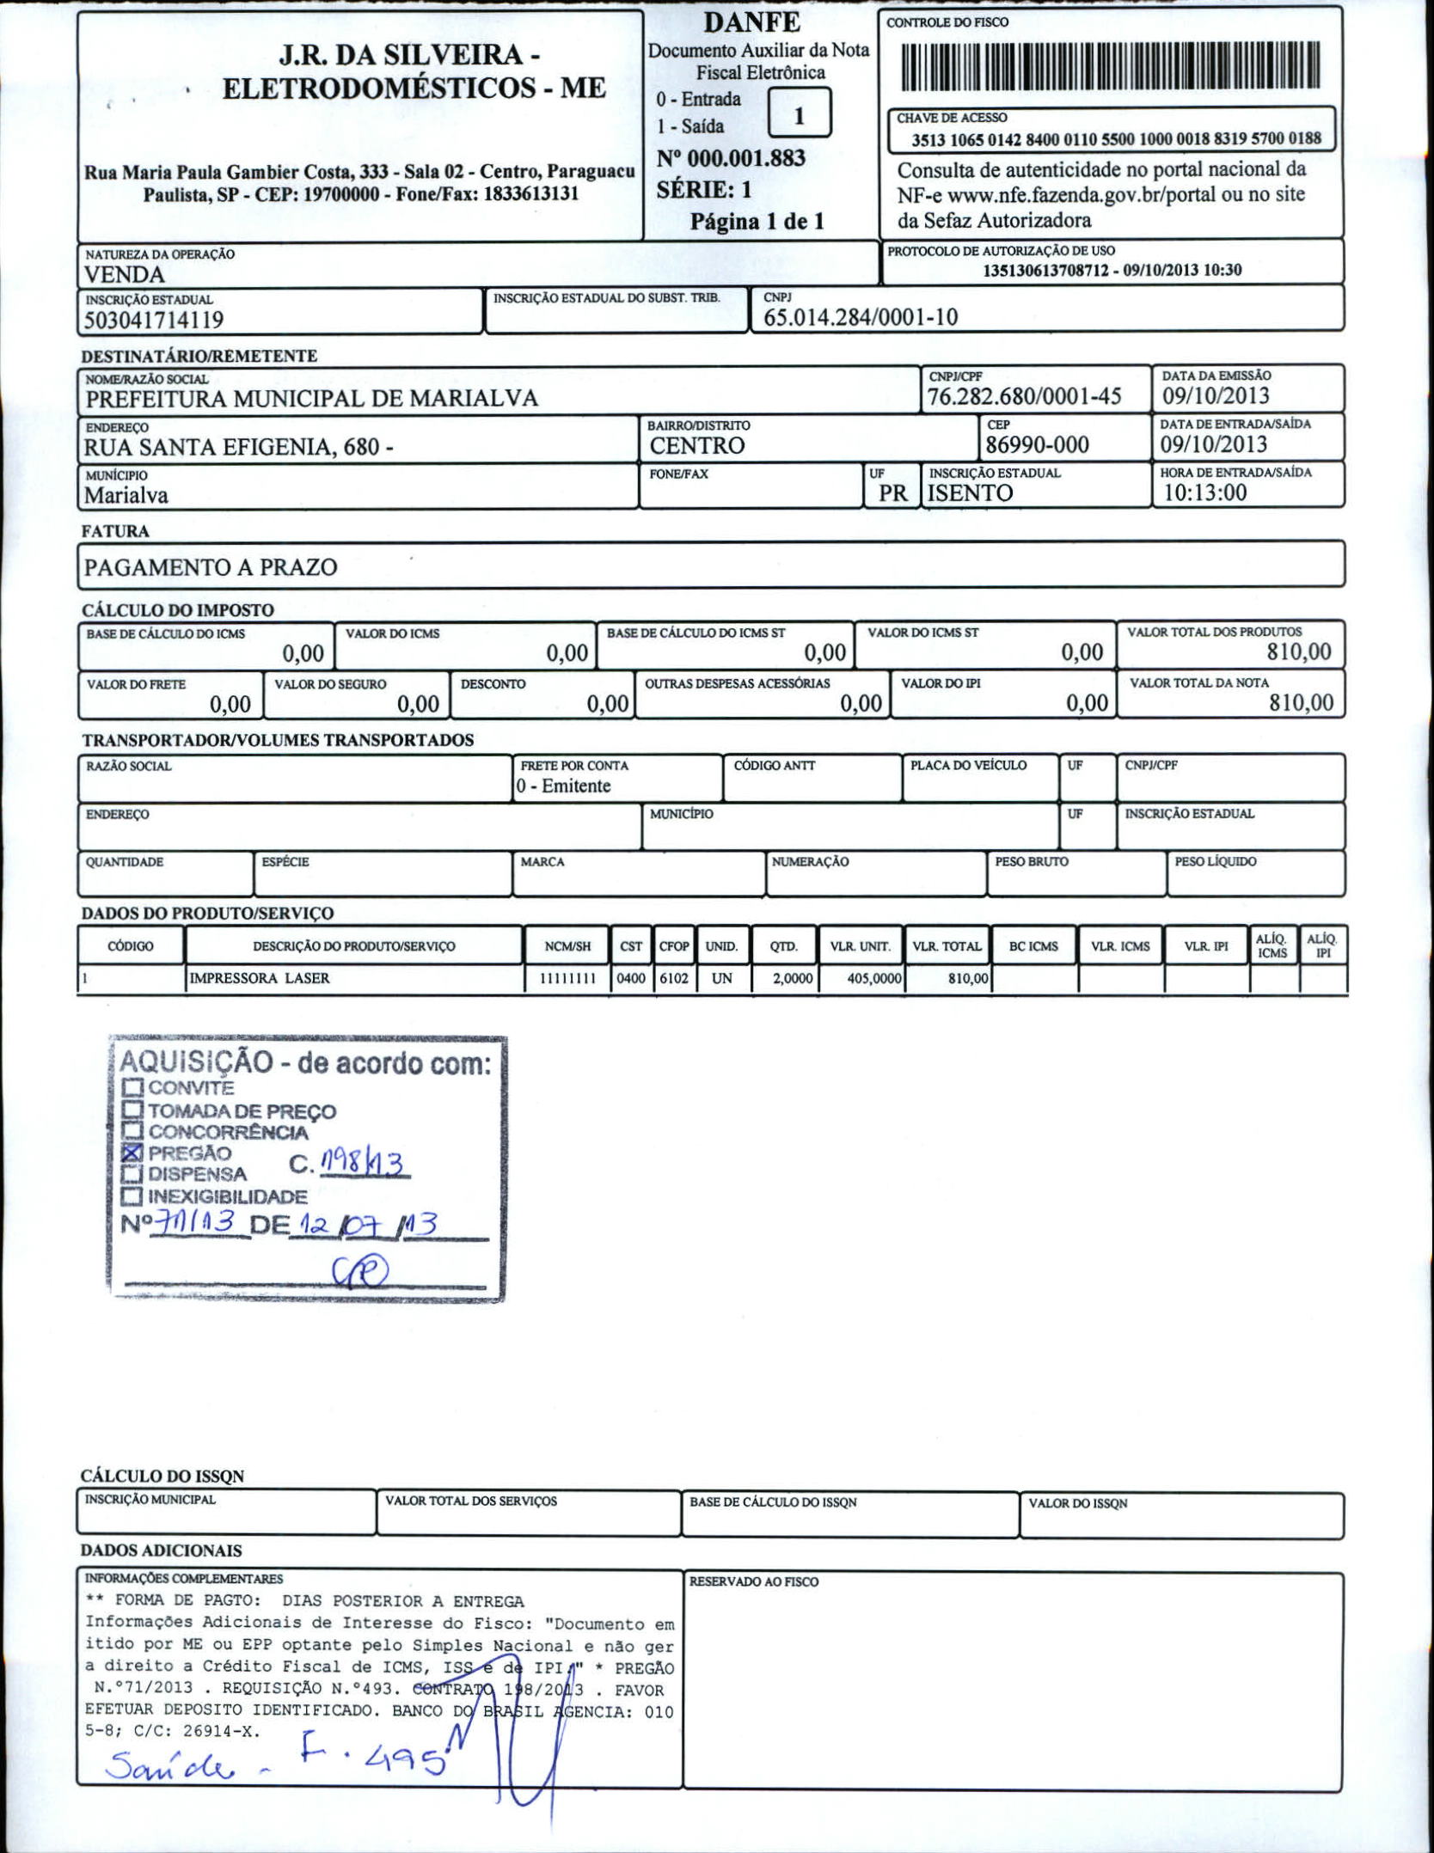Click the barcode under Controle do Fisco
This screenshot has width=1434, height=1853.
pos(1110,65)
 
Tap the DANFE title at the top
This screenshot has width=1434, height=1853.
pos(751,22)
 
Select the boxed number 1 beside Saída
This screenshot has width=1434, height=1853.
pos(799,114)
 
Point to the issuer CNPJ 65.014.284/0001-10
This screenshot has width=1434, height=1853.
pos(860,317)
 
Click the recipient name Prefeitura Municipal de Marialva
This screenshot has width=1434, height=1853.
pos(311,399)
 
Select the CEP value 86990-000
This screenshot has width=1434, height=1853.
pos(1037,444)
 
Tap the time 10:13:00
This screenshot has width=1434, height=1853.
pos(1204,492)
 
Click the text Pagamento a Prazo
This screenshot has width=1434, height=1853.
pos(211,567)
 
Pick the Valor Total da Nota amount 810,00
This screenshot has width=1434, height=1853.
pos(1301,703)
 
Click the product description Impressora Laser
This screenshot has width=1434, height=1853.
pos(259,978)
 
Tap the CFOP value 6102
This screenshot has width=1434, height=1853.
pos(673,978)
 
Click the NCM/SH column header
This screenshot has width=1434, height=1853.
pos(567,946)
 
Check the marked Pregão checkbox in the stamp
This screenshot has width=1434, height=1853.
pos(132,1153)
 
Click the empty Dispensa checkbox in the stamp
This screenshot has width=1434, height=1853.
pos(132,1174)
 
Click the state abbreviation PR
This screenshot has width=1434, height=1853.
pos(892,493)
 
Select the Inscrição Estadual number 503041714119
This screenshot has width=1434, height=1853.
pos(154,321)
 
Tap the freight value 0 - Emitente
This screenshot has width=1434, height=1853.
pos(563,786)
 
